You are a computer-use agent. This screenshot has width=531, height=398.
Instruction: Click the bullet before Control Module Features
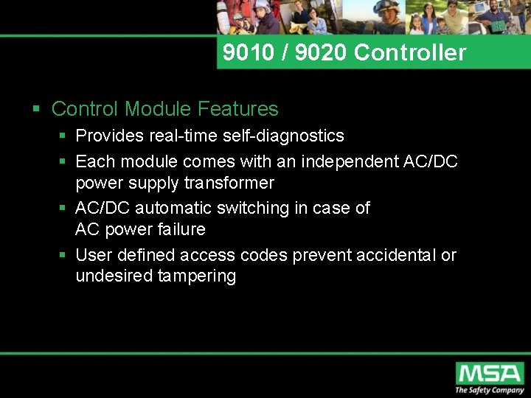pos(36,110)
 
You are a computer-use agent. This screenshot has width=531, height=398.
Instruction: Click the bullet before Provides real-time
pos(64,136)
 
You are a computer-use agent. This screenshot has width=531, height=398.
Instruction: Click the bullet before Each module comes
pos(64,161)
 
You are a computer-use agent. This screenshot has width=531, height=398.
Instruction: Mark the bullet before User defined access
pos(64,255)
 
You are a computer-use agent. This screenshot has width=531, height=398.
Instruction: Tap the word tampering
pos(196,276)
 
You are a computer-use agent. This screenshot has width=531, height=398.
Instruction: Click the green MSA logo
pos(489,373)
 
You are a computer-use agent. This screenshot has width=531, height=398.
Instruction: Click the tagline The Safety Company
pos(489,391)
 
